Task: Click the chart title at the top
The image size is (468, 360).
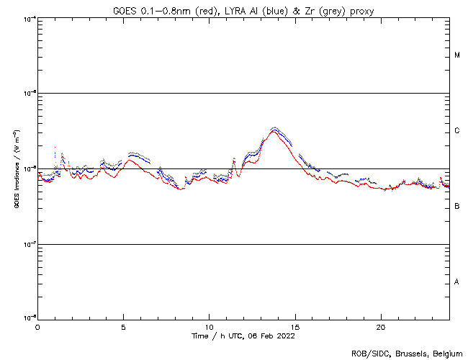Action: point(243,9)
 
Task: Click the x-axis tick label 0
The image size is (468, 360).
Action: point(37,326)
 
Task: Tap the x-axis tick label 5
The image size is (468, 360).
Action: point(123,326)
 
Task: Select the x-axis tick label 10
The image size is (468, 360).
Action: point(209,326)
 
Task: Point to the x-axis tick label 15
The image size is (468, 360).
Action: point(294,326)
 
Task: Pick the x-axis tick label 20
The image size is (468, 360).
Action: point(380,326)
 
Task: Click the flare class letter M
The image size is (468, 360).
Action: point(457,55)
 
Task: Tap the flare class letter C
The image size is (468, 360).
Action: point(457,131)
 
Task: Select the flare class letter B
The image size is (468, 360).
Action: point(457,207)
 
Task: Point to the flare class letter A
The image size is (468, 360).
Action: point(457,282)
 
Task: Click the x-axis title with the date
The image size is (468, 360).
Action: point(243,336)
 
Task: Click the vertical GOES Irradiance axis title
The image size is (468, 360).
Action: point(15,169)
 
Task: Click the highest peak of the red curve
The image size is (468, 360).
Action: point(273,132)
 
